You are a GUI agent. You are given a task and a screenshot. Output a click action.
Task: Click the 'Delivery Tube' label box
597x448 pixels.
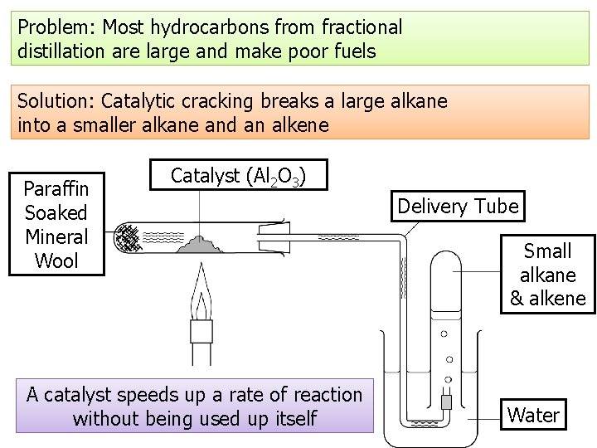pyautogui.click(x=458, y=206)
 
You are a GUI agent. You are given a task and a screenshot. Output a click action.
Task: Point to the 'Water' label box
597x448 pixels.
pyautogui.click(x=533, y=415)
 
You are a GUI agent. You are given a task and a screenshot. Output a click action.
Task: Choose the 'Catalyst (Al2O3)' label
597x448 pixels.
pyautogui.click(x=238, y=175)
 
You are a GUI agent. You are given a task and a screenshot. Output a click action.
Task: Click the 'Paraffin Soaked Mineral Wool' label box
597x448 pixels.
pyautogui.click(x=56, y=224)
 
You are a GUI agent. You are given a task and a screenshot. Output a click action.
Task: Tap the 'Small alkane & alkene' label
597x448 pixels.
pyautogui.click(x=547, y=275)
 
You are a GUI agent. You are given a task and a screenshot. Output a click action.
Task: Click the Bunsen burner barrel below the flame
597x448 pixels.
pyautogui.click(x=201, y=348)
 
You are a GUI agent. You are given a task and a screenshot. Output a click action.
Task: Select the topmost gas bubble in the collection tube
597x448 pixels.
pyautogui.click(x=444, y=334)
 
